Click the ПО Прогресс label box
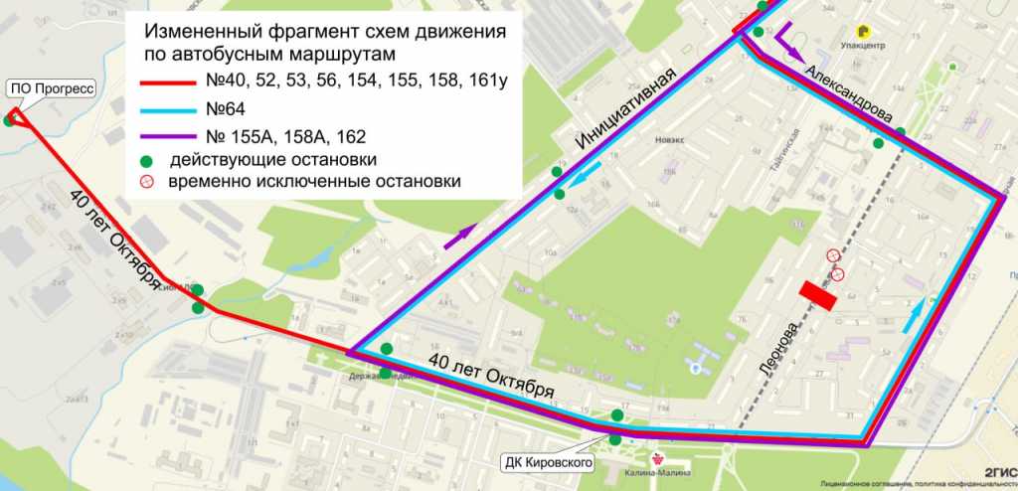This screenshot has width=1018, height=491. pyautogui.click(x=51, y=88)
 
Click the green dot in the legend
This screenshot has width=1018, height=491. pyautogui.click(x=146, y=159)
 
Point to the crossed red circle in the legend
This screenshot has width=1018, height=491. pyautogui.click(x=146, y=182)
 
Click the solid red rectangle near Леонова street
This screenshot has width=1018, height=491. pyautogui.click(x=819, y=296)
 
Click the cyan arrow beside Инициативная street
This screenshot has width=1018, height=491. pyautogui.click(x=586, y=177)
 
